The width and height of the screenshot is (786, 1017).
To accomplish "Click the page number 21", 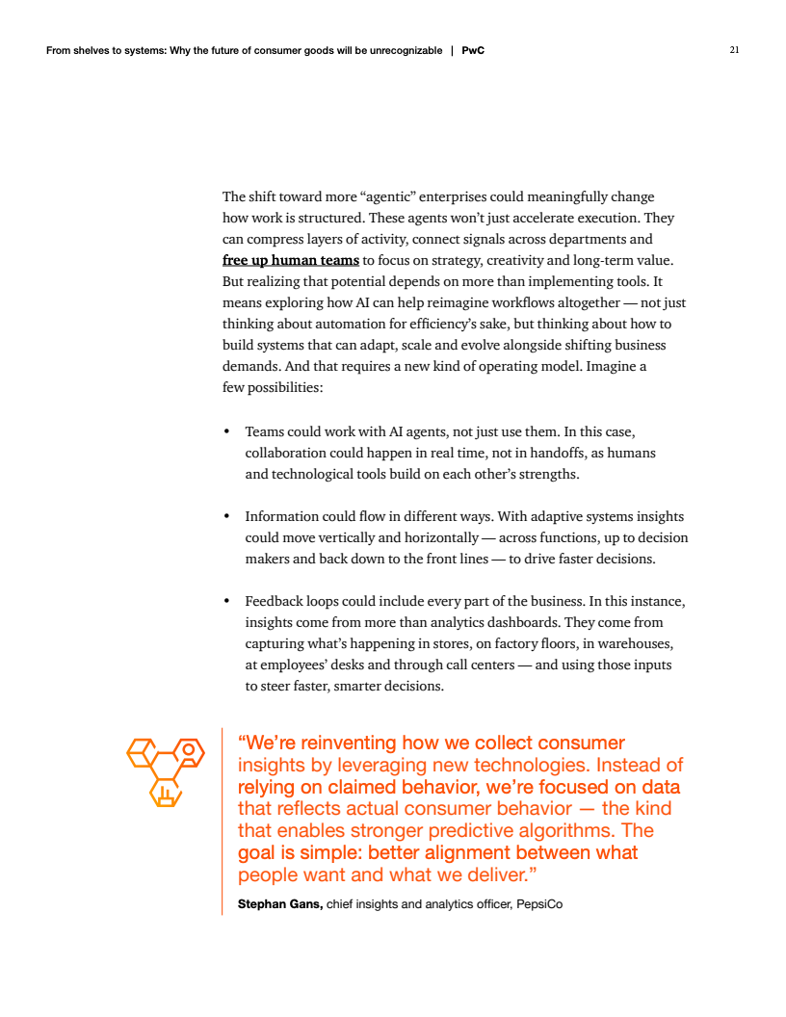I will coord(734,50).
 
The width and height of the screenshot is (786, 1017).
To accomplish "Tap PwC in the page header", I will coord(473,50).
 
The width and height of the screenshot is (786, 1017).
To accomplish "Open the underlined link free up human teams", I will coord(291,260).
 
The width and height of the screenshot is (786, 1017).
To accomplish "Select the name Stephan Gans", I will coord(280,903).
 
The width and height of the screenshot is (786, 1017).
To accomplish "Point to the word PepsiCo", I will coord(539,903).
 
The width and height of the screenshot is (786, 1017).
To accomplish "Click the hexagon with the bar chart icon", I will coord(166,792).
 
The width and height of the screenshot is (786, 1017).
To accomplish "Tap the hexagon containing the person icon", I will coord(189,752).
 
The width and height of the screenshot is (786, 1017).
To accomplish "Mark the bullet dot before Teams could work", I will coord(225,431).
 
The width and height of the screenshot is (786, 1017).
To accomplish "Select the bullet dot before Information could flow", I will coord(225,516).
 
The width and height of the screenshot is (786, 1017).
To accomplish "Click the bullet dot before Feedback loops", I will coord(225,602).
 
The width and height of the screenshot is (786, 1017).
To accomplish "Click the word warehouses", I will coord(627,644).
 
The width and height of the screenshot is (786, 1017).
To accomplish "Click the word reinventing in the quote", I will coord(349,743).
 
